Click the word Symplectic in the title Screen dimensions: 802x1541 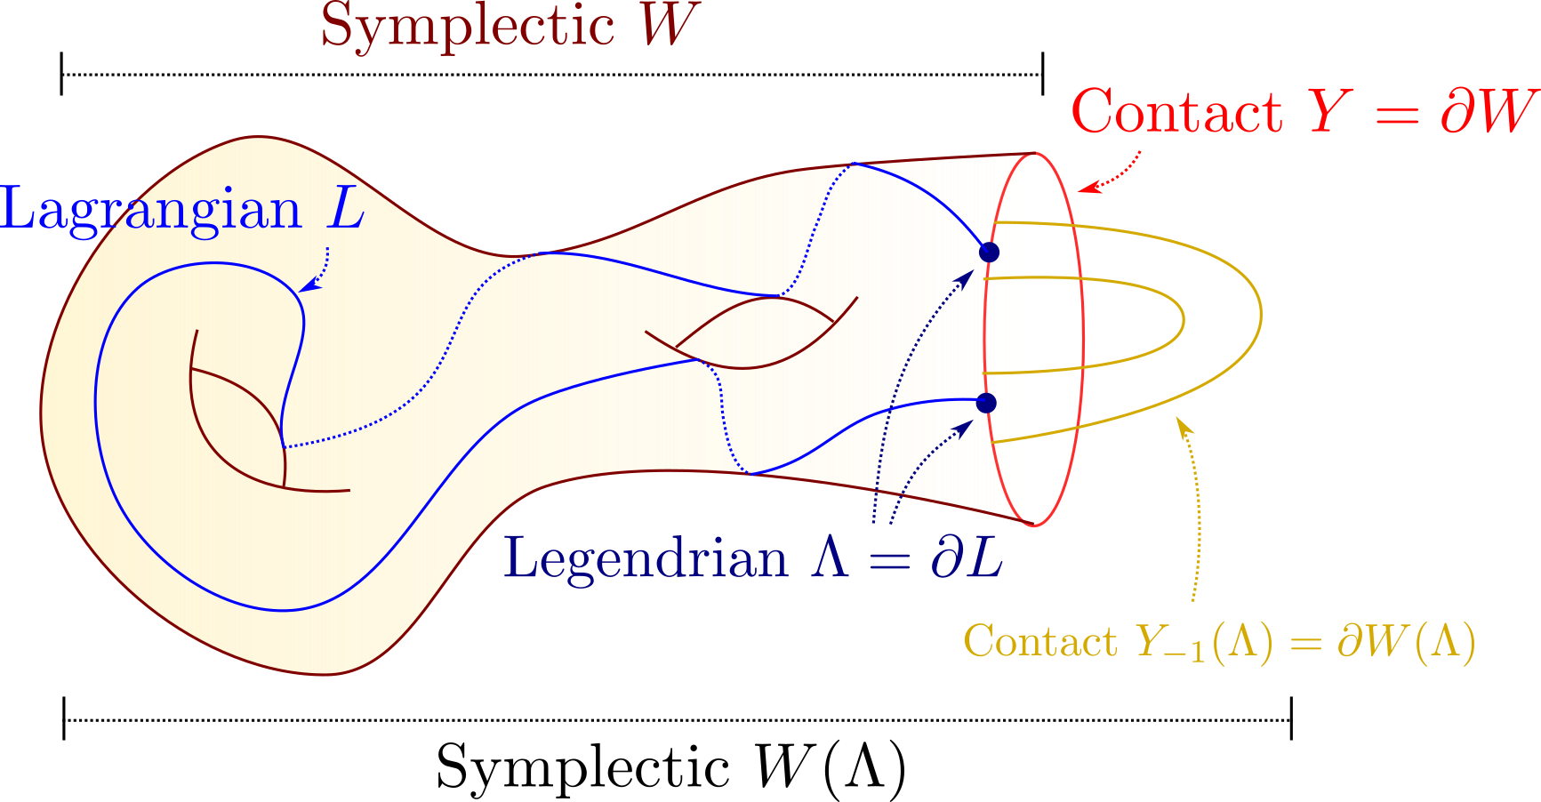pos(468,26)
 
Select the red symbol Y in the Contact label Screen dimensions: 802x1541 pos(1329,113)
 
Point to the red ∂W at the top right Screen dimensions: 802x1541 pos(1489,113)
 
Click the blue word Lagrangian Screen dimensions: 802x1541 pos(151,211)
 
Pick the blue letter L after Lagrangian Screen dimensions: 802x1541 pos(346,211)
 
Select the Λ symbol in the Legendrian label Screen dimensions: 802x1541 pos(830,559)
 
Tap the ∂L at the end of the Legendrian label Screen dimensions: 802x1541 pos(967,559)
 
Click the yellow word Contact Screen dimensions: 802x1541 pos(1040,641)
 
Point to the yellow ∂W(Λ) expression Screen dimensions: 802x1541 pos(1406,642)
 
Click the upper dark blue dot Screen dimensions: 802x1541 pos(989,253)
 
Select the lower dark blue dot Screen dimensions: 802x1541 pos(986,403)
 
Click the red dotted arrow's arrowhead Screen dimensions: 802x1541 pos(1088,188)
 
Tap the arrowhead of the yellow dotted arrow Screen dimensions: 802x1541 pos(1184,426)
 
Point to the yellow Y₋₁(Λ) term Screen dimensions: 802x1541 pos(1205,642)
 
